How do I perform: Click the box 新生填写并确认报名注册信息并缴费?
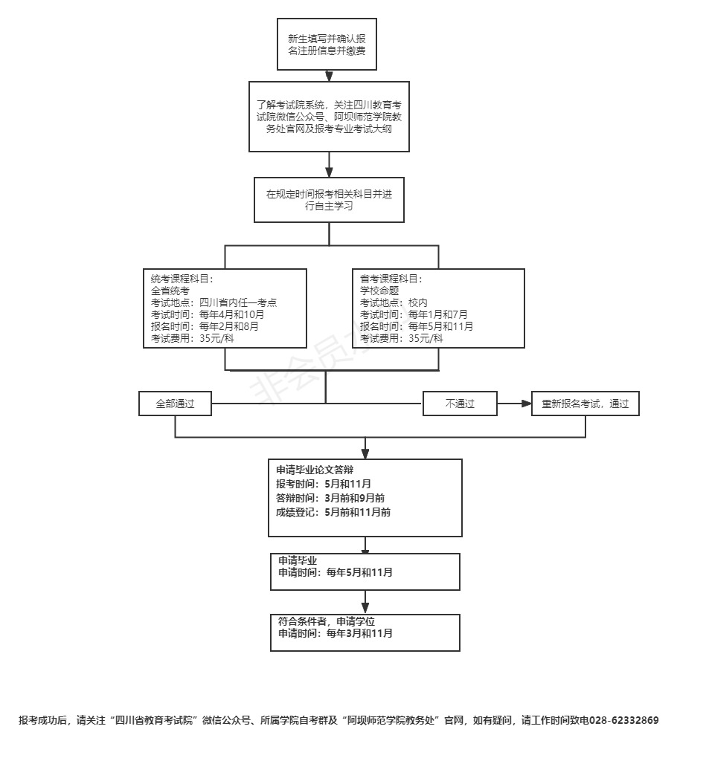(327, 44)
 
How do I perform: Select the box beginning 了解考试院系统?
(329, 117)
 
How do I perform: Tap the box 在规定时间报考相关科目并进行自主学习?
(329, 200)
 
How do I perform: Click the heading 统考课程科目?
(182, 279)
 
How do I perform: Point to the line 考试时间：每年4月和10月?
(208, 314)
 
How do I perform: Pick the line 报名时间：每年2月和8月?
(205, 326)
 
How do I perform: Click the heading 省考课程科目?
(391, 279)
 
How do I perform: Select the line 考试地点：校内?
(394, 303)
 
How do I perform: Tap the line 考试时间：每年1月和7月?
(414, 314)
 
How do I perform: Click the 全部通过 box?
(175, 404)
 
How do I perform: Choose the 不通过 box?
(460, 404)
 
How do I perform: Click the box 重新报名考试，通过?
(585, 404)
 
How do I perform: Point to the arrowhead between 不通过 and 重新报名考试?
(526, 404)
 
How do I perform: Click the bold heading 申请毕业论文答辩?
(315, 470)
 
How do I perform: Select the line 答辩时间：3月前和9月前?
(330, 498)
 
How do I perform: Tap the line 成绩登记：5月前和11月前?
(333, 512)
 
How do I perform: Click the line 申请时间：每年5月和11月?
(336, 573)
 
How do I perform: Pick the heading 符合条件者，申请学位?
(327, 621)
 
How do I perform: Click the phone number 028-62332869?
(624, 720)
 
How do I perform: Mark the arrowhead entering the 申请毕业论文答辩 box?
(365, 454)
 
